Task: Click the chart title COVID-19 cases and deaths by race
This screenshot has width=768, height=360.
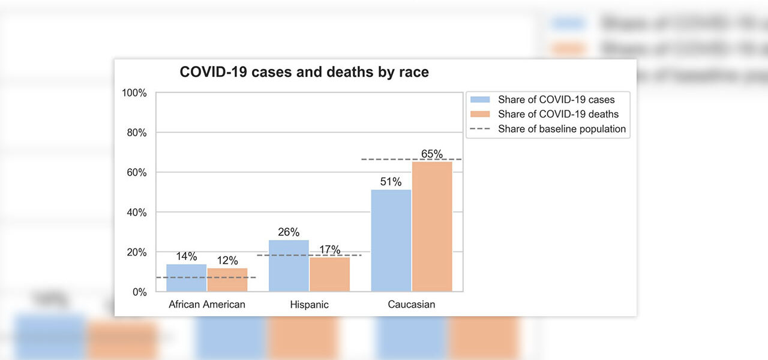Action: coord(304,73)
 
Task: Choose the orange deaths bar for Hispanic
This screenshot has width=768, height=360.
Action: coord(329,274)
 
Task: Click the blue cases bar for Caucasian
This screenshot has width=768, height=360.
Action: coord(391,241)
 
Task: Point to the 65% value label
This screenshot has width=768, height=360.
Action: coord(432,154)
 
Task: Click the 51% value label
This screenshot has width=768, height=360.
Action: coord(391,182)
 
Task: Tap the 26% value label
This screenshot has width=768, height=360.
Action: coord(289,232)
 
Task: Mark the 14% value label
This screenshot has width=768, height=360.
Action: coord(187,256)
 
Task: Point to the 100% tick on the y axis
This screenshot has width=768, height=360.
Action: coord(134,93)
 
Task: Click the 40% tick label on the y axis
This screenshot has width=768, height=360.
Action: coord(136,212)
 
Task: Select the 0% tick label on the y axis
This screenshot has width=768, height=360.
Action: coord(139,292)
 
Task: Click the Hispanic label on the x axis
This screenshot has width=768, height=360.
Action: coord(309,305)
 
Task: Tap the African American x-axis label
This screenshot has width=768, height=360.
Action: coord(207,305)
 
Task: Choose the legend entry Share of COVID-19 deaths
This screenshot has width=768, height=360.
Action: coord(558,114)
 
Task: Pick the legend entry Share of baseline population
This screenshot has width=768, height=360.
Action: coord(562,129)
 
